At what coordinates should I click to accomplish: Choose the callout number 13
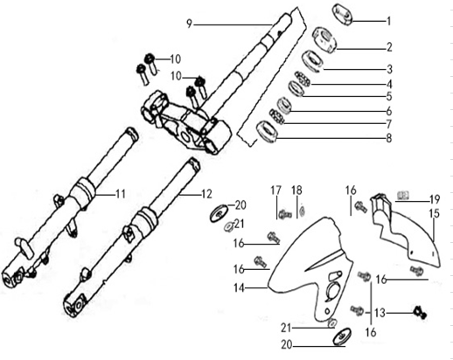tap(378, 312)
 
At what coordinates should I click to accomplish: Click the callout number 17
tap(275, 190)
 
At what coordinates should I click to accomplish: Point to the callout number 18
tap(296, 190)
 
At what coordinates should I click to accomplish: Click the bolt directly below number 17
tap(282, 211)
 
